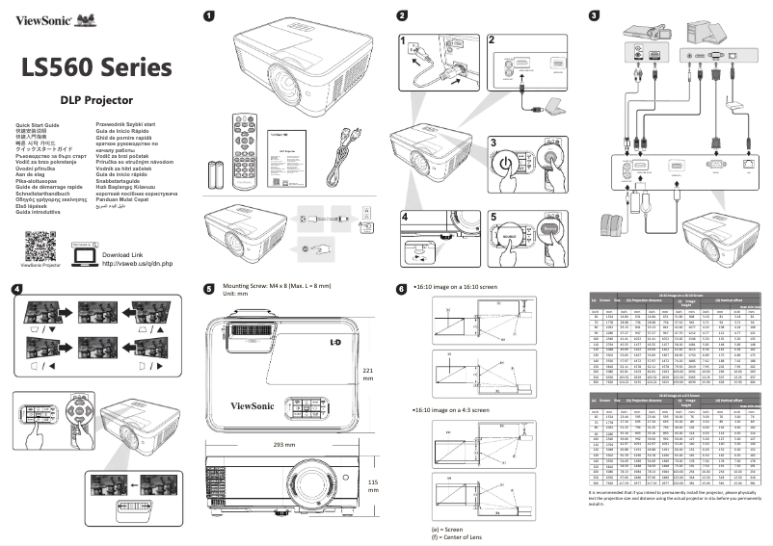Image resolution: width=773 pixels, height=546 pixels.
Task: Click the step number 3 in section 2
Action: pos(493,142)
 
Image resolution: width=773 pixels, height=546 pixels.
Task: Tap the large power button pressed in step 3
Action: pos(509,165)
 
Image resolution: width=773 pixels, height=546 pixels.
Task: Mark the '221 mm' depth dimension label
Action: pos(368,375)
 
